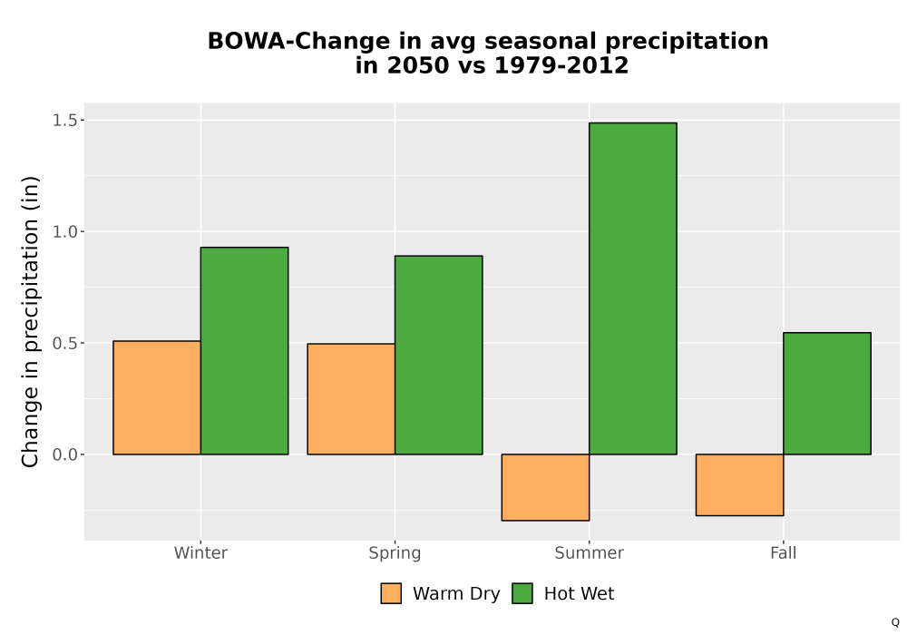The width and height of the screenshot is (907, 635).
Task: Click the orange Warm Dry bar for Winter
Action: pyautogui.click(x=157, y=398)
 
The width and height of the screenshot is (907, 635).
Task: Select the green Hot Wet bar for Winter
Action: pyautogui.click(x=244, y=351)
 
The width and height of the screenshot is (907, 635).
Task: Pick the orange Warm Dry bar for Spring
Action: pyautogui.click(x=351, y=399)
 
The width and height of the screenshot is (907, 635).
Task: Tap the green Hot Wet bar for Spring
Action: pyautogui.click(x=438, y=355)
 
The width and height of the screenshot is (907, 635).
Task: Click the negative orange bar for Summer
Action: pyautogui.click(x=545, y=487)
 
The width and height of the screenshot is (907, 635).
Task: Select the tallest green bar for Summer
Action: pyautogui.click(x=633, y=288)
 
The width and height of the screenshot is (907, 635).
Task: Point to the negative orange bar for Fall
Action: pyautogui.click(x=740, y=484)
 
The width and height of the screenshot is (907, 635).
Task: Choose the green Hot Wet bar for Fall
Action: pyautogui.click(x=827, y=394)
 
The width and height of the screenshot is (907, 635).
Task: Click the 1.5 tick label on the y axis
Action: pyautogui.click(x=64, y=121)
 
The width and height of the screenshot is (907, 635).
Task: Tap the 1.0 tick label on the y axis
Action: pyautogui.click(x=64, y=232)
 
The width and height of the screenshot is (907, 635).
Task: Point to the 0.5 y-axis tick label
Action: pyautogui.click(x=64, y=344)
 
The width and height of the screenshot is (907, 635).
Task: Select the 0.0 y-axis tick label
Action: pyautogui.click(x=64, y=455)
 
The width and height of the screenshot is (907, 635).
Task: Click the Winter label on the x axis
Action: pyautogui.click(x=200, y=552)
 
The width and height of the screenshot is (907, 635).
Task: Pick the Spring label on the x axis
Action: pyautogui.click(x=395, y=553)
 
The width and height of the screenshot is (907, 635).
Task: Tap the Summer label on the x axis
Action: pyautogui.click(x=590, y=552)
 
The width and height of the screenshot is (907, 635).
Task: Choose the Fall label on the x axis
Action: pyautogui.click(x=784, y=552)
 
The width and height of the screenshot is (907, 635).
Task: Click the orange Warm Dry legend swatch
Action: pyautogui.click(x=391, y=593)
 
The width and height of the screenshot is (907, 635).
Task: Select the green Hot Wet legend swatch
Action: pyautogui.click(x=522, y=593)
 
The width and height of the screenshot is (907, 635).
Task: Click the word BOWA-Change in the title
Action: pyautogui.click(x=298, y=42)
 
